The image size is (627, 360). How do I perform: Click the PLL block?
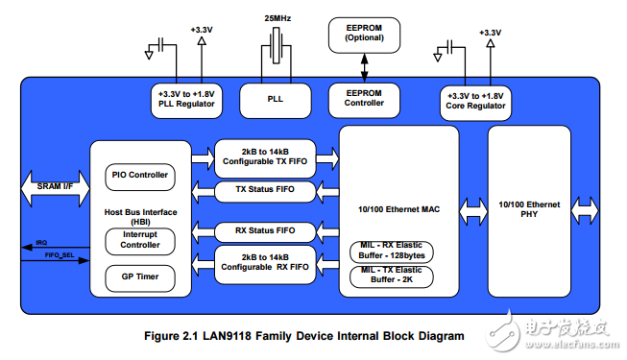[275, 98]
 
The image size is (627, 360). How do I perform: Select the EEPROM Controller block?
[363, 98]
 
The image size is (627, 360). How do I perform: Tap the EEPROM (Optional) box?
[363, 34]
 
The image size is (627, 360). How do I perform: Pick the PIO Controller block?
[140, 175]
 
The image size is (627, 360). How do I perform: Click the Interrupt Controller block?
[140, 240]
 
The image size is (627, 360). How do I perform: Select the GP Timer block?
[140, 278]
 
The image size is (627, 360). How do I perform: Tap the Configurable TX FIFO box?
[264, 156]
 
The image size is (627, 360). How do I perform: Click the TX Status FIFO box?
[264, 190]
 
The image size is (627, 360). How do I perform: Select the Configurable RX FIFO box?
[264, 263]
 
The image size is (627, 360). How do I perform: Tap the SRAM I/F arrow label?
[55, 183]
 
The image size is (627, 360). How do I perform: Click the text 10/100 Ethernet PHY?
[529, 209]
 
